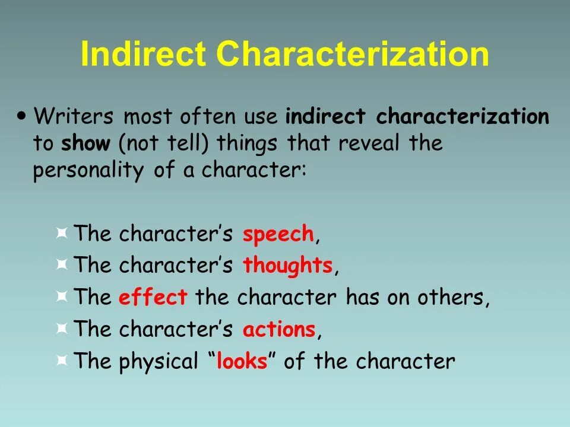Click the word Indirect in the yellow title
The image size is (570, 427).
142,55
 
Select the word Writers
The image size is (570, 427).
73,116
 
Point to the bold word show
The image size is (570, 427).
86,144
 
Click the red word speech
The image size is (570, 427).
278,234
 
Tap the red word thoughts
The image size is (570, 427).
287,266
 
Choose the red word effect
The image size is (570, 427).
153,298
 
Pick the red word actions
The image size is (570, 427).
278,330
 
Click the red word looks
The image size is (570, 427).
242,362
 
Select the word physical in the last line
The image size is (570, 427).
159,362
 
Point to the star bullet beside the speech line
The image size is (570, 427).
61,232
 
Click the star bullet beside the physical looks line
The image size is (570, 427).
61,360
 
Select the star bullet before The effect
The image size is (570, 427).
61,296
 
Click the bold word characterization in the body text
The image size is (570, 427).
463,116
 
